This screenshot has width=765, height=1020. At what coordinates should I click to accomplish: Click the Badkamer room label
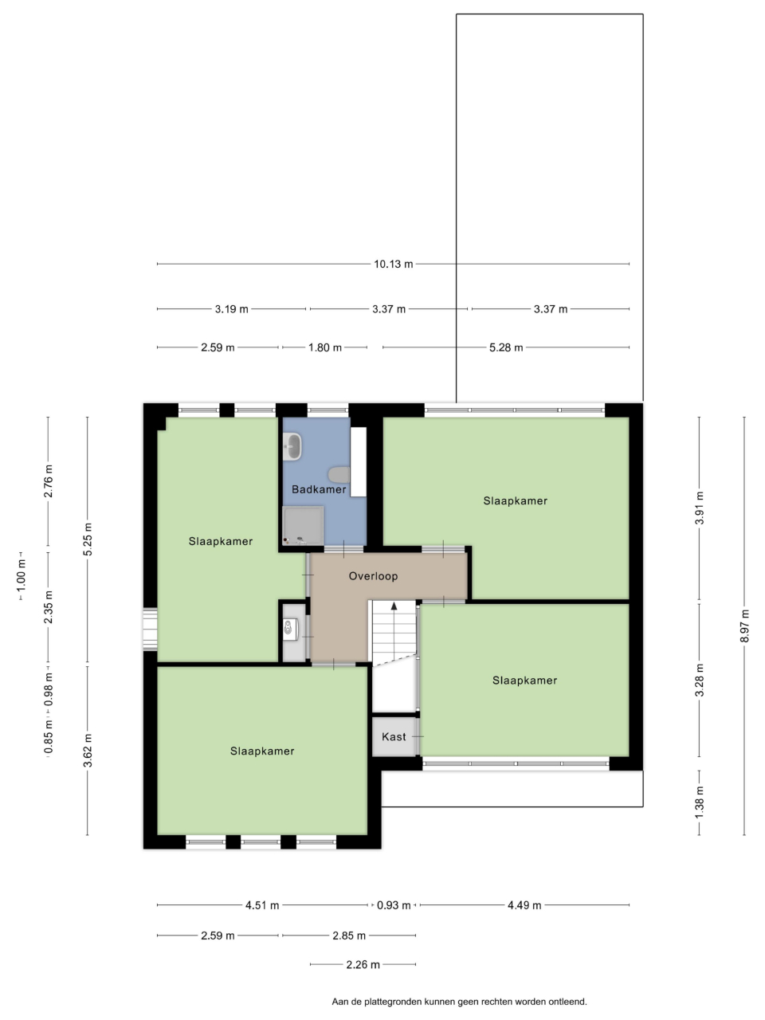point(319,489)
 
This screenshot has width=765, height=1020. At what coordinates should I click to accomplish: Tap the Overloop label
point(373,576)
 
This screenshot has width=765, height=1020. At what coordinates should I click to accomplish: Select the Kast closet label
point(394,736)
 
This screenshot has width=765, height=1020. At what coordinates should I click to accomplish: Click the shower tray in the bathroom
point(304,526)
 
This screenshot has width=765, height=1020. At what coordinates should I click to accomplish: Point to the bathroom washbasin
point(292,446)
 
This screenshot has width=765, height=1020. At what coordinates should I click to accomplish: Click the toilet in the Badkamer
point(339,475)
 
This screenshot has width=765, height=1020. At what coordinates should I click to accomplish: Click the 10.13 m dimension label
point(394,264)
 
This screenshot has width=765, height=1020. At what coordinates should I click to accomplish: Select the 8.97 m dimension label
point(744,626)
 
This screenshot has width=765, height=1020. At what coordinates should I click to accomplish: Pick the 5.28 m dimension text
point(506,347)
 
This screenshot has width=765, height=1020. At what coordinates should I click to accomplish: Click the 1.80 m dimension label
point(324,347)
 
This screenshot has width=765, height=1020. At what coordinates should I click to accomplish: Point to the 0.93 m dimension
point(394,905)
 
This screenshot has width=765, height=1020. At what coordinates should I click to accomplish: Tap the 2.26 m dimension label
point(363,965)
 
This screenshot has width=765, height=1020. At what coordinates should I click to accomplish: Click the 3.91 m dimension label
point(699,508)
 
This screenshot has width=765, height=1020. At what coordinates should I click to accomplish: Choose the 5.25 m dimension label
point(88,539)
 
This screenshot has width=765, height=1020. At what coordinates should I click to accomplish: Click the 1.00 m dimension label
point(21,576)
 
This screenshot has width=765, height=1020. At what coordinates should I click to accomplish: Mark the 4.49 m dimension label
point(524,905)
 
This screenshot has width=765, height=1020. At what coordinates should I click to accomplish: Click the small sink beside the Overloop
point(289,627)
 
